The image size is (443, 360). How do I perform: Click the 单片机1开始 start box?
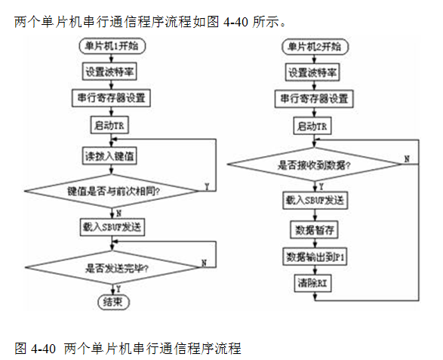point(112,46)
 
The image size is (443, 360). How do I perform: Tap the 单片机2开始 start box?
point(315,47)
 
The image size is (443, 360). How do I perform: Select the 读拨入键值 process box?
point(109,155)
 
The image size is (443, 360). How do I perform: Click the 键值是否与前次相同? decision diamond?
point(112,191)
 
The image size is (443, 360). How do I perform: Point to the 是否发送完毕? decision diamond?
point(112,268)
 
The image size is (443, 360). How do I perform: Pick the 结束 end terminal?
point(113,302)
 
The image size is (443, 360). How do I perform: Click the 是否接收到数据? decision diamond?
point(315,165)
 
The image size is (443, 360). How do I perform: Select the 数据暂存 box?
point(315,230)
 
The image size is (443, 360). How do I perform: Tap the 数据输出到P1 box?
point(315,257)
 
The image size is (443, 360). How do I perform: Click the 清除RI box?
point(312,283)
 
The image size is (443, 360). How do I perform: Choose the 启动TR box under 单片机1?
point(109,125)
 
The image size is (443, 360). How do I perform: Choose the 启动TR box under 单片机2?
point(312,126)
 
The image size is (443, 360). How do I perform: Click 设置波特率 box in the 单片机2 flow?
point(312,72)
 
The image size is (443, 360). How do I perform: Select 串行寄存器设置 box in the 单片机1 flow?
point(111,98)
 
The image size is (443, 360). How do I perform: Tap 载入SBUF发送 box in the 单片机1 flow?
point(112,227)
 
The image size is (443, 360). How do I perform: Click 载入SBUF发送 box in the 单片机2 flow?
point(315,200)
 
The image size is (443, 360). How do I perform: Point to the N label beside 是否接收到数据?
point(407,159)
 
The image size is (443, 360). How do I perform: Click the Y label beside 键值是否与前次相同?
point(207,186)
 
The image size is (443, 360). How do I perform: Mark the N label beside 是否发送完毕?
point(204,263)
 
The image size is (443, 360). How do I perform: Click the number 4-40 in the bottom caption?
point(44,349)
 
